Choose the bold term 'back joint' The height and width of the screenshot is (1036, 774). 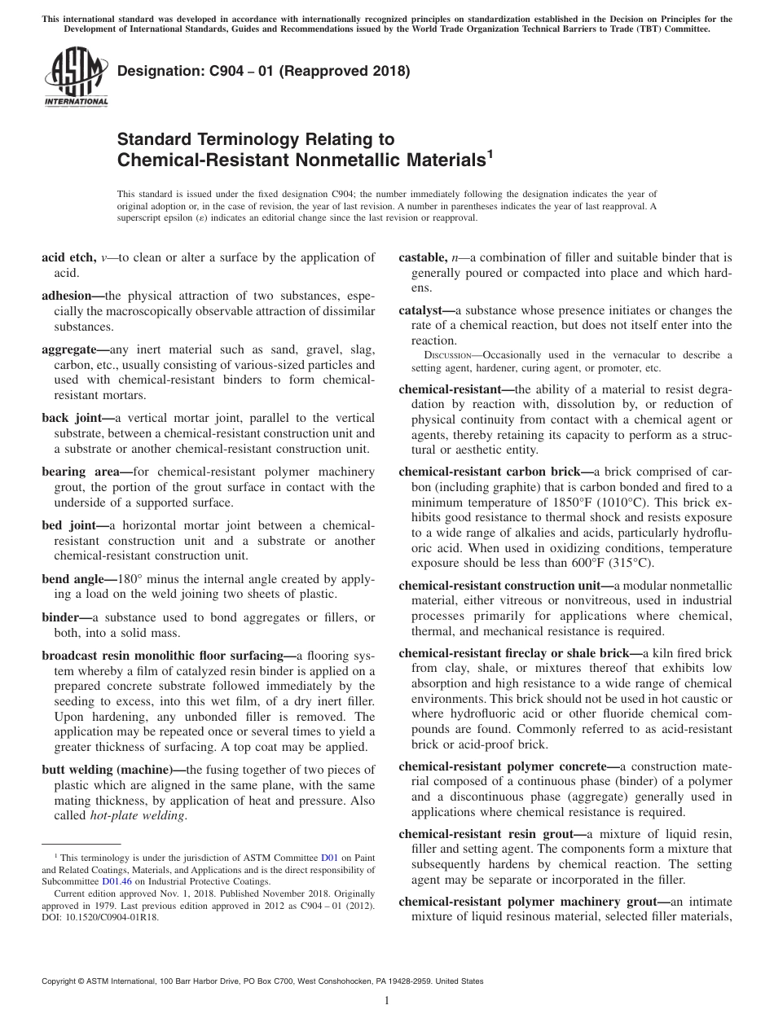click(70, 418)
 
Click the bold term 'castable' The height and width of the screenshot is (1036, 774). click(422, 257)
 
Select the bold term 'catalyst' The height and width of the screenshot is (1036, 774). click(424, 311)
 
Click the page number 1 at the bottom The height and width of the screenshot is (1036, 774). click(387, 1001)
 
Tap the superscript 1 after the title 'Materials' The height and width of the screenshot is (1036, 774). click(490, 152)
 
